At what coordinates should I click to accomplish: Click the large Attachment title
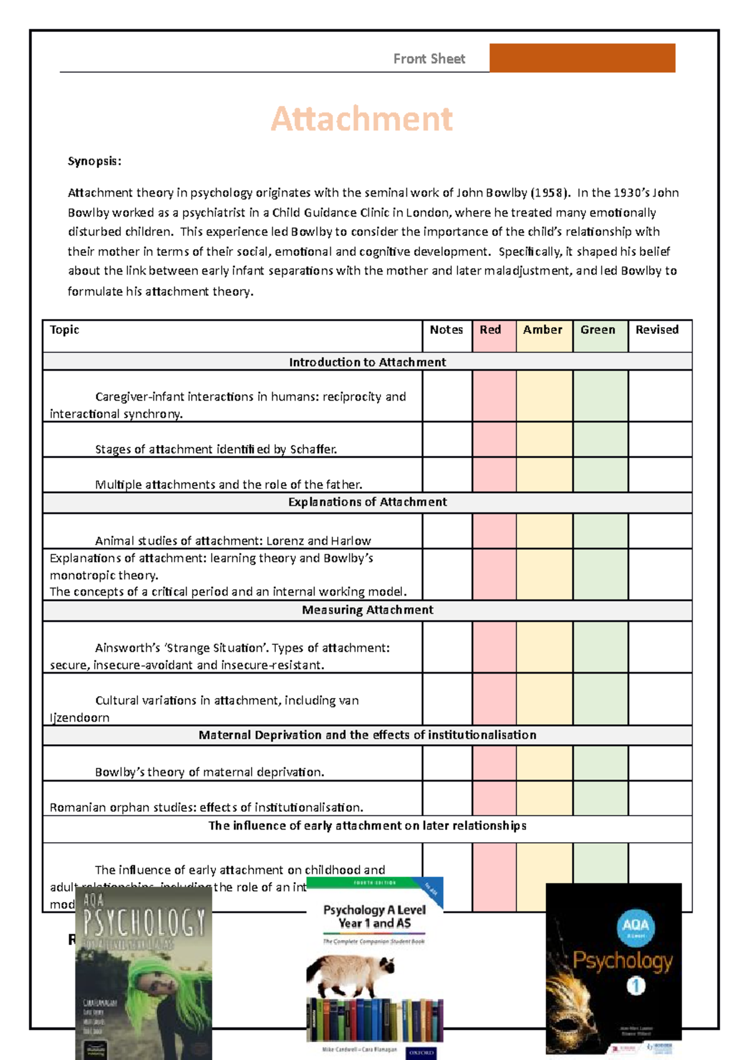point(361,119)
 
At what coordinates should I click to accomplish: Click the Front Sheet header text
point(429,59)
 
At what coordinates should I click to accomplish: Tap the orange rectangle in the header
point(582,58)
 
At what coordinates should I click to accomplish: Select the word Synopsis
point(94,161)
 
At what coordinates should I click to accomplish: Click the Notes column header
point(446,330)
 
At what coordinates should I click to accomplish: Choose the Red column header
point(491,330)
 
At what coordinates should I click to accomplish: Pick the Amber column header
point(542,330)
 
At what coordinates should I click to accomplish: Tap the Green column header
point(597,330)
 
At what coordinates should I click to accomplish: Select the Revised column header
point(657,330)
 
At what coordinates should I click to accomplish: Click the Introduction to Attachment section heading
point(367,362)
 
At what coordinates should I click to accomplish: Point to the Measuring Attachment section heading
point(367,610)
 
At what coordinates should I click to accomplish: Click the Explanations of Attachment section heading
point(367,502)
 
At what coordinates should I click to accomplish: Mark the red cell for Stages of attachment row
point(494,439)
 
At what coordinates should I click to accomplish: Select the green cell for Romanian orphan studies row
point(600,798)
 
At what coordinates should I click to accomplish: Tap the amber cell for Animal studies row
point(544,531)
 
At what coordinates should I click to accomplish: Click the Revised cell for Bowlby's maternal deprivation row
point(660,763)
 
